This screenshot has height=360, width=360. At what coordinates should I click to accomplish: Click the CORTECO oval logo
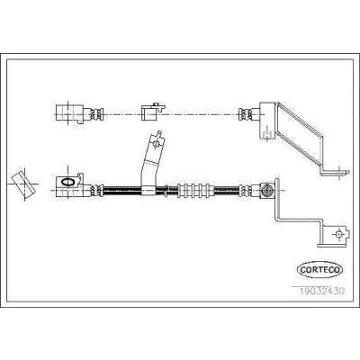coord(319,269)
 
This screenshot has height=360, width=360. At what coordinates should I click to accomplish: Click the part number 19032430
coord(322,291)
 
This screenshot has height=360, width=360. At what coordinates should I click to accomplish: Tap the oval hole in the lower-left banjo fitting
coord(67,181)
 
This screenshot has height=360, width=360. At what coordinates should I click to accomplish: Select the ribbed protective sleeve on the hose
coord(195,191)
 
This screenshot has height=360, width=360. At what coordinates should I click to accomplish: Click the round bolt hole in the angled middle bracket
coord(156,144)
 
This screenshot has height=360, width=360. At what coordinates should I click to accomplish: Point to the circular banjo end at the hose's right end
coord(266,190)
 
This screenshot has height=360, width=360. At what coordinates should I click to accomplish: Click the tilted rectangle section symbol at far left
coord(23,185)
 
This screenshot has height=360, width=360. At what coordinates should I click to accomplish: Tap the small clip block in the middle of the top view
coord(152,112)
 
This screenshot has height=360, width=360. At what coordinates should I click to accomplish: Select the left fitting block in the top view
coord(69,113)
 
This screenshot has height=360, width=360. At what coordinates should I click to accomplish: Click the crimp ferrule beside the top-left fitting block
coord(97,114)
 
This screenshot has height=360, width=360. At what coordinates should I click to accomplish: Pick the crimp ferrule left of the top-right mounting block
coord(246,114)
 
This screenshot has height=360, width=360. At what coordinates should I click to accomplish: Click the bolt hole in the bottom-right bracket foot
coord(338,234)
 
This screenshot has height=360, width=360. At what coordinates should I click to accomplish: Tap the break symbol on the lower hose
coord(166,191)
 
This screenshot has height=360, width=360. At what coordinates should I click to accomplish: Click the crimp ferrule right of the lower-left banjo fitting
coord(97,191)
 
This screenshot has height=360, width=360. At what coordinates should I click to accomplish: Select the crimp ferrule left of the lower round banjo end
coord(246,191)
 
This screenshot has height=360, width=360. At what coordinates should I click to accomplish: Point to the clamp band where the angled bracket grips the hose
coord(148,190)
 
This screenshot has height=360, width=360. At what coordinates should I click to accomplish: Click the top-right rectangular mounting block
coord(266,121)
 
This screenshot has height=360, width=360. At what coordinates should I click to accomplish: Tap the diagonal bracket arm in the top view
coord(299,134)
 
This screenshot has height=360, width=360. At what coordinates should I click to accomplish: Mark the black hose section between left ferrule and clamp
coord(122,190)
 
